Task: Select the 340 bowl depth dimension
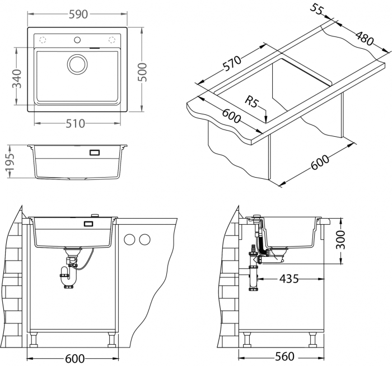click(17, 77)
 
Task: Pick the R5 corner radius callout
click(253, 102)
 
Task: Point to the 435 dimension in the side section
click(289, 277)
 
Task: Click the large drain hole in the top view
click(77, 63)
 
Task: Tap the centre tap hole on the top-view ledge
click(77, 39)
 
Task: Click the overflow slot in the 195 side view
click(94, 152)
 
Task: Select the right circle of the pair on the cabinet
click(145, 240)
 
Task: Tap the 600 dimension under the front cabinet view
click(74, 358)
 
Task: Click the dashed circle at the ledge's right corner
click(112, 39)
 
